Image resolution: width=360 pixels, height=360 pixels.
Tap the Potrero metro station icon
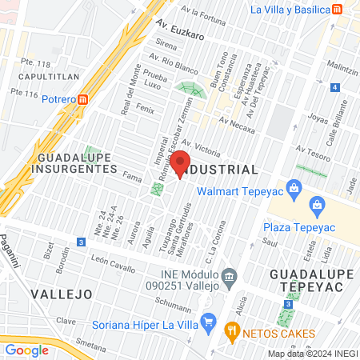(x=84, y=98)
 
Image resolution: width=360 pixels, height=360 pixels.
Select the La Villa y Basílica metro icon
(x=338, y=10)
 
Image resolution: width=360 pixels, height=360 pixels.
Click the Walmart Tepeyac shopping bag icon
(x=294, y=189)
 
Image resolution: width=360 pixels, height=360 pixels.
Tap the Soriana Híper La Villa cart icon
(x=208, y=322)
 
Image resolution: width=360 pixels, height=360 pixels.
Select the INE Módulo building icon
(x=230, y=277)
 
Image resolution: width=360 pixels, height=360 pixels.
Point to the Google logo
(x=27, y=350)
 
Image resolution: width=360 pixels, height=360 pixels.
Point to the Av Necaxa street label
(x=236, y=126)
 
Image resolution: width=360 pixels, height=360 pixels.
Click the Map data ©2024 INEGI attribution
(x=313, y=353)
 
